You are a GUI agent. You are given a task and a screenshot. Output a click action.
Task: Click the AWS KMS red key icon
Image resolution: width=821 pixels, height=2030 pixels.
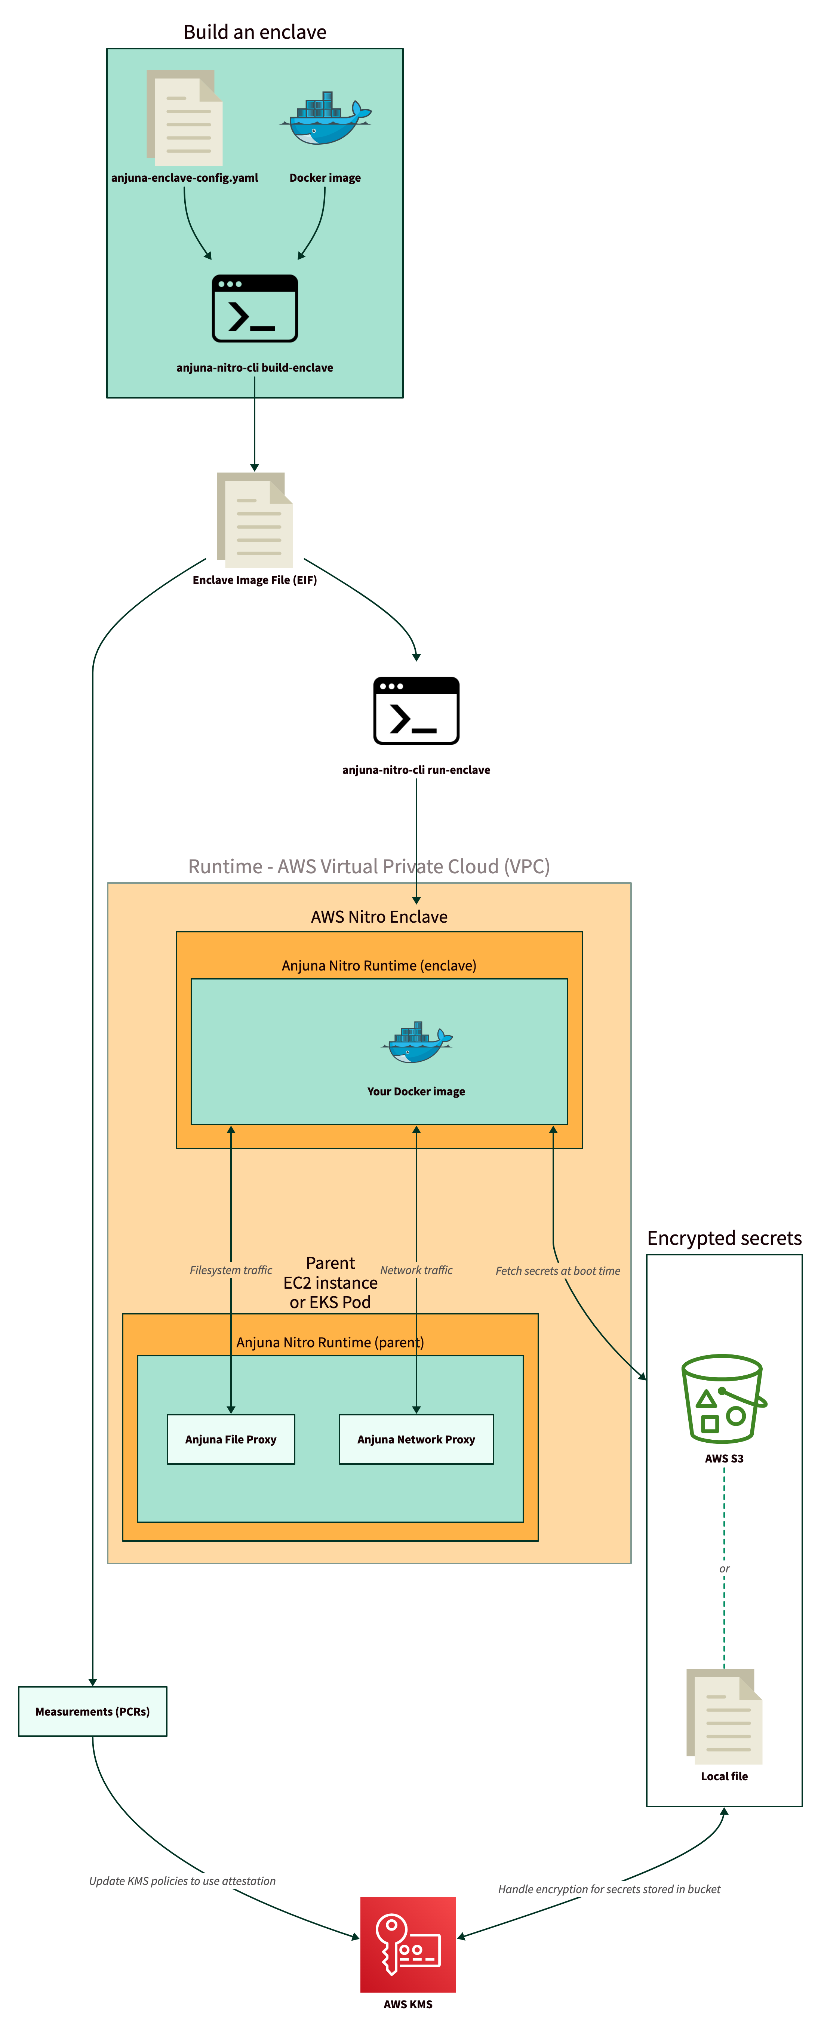(408, 1943)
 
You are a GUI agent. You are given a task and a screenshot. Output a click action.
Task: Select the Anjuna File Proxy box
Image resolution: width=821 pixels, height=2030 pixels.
(231, 1439)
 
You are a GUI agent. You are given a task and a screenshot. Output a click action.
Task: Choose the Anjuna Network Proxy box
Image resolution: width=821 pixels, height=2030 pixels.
(416, 1439)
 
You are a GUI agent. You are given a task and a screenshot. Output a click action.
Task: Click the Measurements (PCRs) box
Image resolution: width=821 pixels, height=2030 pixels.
(92, 1711)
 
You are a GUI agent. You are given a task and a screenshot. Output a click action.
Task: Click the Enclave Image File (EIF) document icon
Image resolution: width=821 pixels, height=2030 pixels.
(255, 520)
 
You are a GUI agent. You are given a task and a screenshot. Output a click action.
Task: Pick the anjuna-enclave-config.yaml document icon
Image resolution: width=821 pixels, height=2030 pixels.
(184, 118)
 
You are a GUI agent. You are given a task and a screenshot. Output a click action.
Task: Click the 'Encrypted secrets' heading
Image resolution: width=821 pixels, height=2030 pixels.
(724, 1238)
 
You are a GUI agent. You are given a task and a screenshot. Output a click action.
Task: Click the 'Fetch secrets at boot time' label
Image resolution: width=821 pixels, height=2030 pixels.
(557, 1270)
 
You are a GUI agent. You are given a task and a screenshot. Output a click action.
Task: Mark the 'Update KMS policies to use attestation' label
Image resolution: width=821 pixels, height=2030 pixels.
(182, 1880)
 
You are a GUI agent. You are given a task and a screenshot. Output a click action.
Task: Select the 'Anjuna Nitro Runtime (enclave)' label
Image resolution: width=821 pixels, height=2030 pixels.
(379, 965)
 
